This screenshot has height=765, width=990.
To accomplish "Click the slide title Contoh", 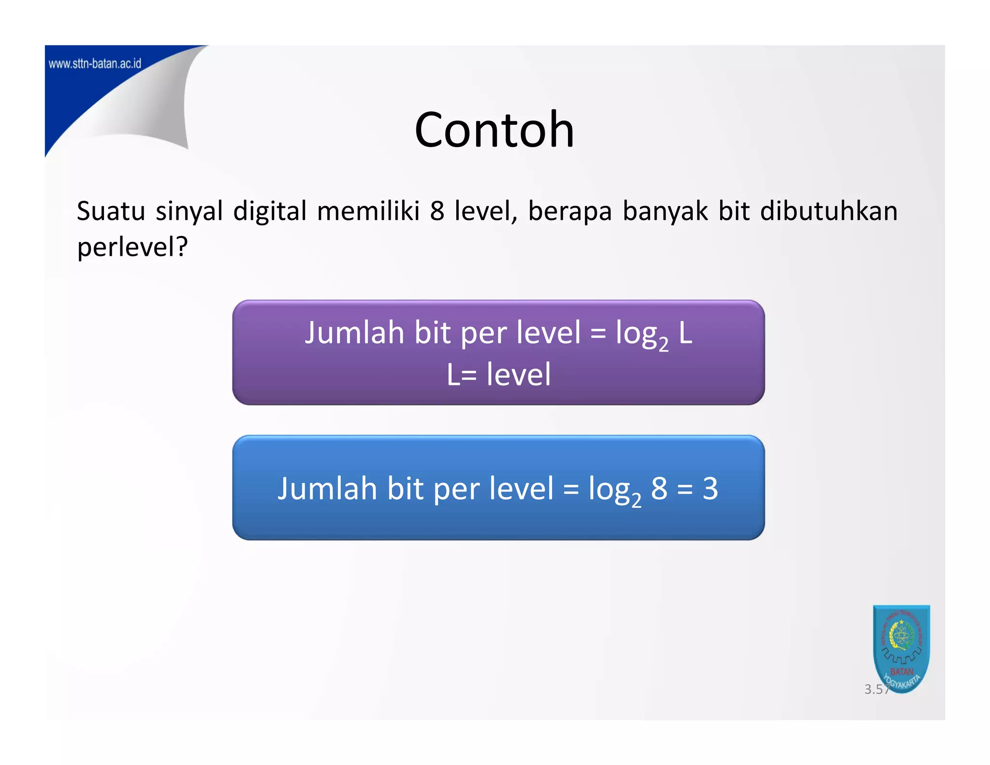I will click(x=494, y=130).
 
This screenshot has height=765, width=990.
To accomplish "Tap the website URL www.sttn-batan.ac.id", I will click(x=95, y=64).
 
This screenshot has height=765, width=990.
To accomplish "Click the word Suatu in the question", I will click(x=111, y=211).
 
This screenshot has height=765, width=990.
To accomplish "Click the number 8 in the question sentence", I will click(x=437, y=211).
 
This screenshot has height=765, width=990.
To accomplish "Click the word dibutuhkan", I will click(x=829, y=211).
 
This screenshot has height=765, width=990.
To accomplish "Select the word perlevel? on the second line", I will click(x=132, y=248).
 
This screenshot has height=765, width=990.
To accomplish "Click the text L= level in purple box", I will click(x=498, y=374).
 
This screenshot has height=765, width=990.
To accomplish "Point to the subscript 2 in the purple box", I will click(x=663, y=344).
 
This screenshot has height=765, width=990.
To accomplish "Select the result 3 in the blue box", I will click(x=710, y=488).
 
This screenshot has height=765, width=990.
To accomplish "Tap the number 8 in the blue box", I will click(x=659, y=488).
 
